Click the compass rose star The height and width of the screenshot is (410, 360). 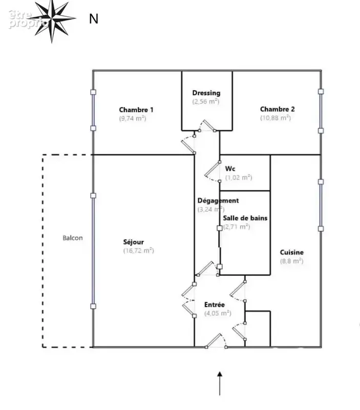52,19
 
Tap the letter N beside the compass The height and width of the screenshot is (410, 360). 94,19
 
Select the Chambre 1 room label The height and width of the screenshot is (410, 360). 136,110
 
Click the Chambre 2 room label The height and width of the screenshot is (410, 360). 277,109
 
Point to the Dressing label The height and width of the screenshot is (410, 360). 206,93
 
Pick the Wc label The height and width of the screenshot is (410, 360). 230,169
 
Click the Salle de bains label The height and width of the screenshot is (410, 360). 245,218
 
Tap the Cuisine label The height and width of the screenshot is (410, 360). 292,252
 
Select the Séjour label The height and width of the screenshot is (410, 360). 134,242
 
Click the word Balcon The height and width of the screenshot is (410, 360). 73,238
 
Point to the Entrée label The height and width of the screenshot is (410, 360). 215,304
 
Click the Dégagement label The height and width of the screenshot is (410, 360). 218,201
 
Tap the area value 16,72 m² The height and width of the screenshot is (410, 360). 139,251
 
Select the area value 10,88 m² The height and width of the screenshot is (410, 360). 276,118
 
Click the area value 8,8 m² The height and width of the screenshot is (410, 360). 291,261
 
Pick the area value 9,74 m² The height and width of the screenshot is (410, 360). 133,118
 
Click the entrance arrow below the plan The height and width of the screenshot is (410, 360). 220,383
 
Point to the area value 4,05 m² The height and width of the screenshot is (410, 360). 218,313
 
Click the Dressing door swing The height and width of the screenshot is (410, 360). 207,126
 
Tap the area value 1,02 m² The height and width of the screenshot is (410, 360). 239,177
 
